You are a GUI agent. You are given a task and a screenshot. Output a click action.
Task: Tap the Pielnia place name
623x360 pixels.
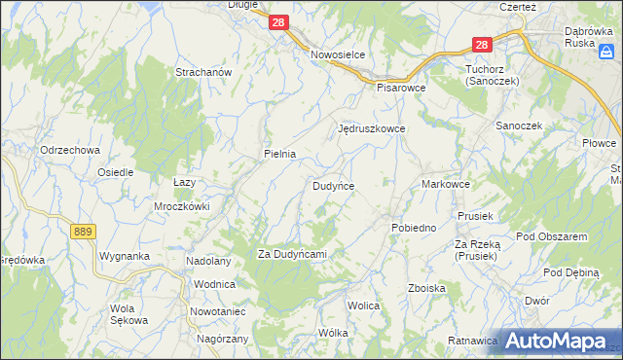tap(279, 154)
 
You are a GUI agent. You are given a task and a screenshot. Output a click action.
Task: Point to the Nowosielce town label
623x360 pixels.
tap(337, 54)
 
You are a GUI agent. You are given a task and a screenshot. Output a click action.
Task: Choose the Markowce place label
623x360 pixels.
tap(447, 184)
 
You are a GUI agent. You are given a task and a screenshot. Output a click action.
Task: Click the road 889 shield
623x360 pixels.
tap(83, 231)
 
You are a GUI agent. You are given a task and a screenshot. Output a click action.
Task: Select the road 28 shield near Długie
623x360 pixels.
tap(278, 22)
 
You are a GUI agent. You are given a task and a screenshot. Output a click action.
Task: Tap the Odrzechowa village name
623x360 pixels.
tap(70, 150)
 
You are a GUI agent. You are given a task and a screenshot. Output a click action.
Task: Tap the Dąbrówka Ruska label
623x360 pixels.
tap(592, 37)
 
